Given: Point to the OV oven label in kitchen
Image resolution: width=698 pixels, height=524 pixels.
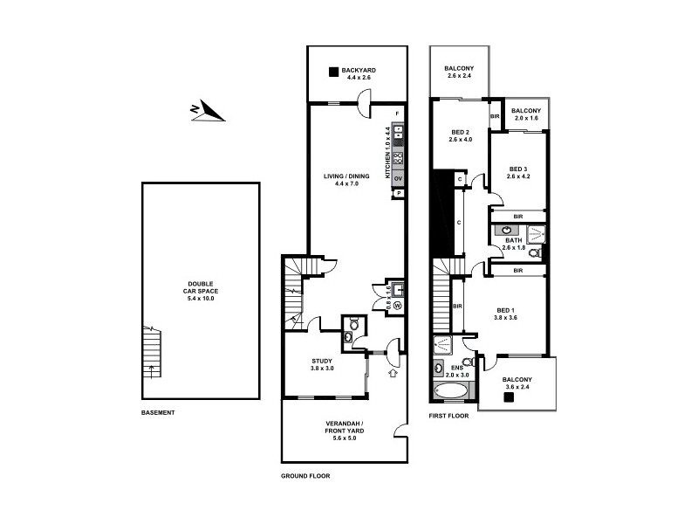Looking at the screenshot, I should (x=398, y=178).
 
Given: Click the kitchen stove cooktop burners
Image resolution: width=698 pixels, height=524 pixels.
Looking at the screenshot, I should (x=398, y=158).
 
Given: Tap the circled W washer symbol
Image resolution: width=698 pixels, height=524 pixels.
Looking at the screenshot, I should (x=396, y=306).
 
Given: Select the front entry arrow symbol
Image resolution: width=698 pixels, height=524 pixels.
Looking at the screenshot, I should (x=392, y=374).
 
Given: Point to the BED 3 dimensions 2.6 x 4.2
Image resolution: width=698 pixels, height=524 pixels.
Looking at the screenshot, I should (x=518, y=177).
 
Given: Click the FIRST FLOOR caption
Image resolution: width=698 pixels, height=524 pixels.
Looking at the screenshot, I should (x=448, y=416).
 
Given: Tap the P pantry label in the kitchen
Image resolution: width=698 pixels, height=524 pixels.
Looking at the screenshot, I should (x=398, y=192).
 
